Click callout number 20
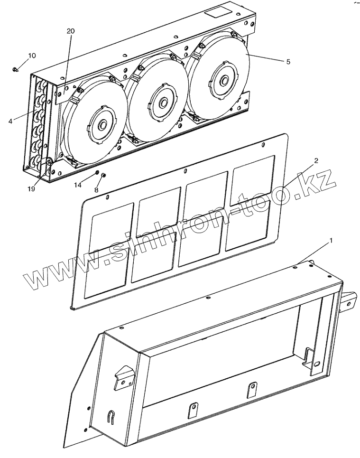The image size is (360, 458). point(71,31)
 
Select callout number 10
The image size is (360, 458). point(31,56)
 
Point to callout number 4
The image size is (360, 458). point(10,121)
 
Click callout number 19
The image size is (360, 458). point(31,189)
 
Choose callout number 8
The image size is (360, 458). point(97,190)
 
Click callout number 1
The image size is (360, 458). point(331,241)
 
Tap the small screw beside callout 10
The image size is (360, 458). point(16,70)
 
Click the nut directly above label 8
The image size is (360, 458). point(104,175)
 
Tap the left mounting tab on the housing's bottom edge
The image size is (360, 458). point(193,410)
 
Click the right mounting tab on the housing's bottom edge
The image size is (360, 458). point(251,390)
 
